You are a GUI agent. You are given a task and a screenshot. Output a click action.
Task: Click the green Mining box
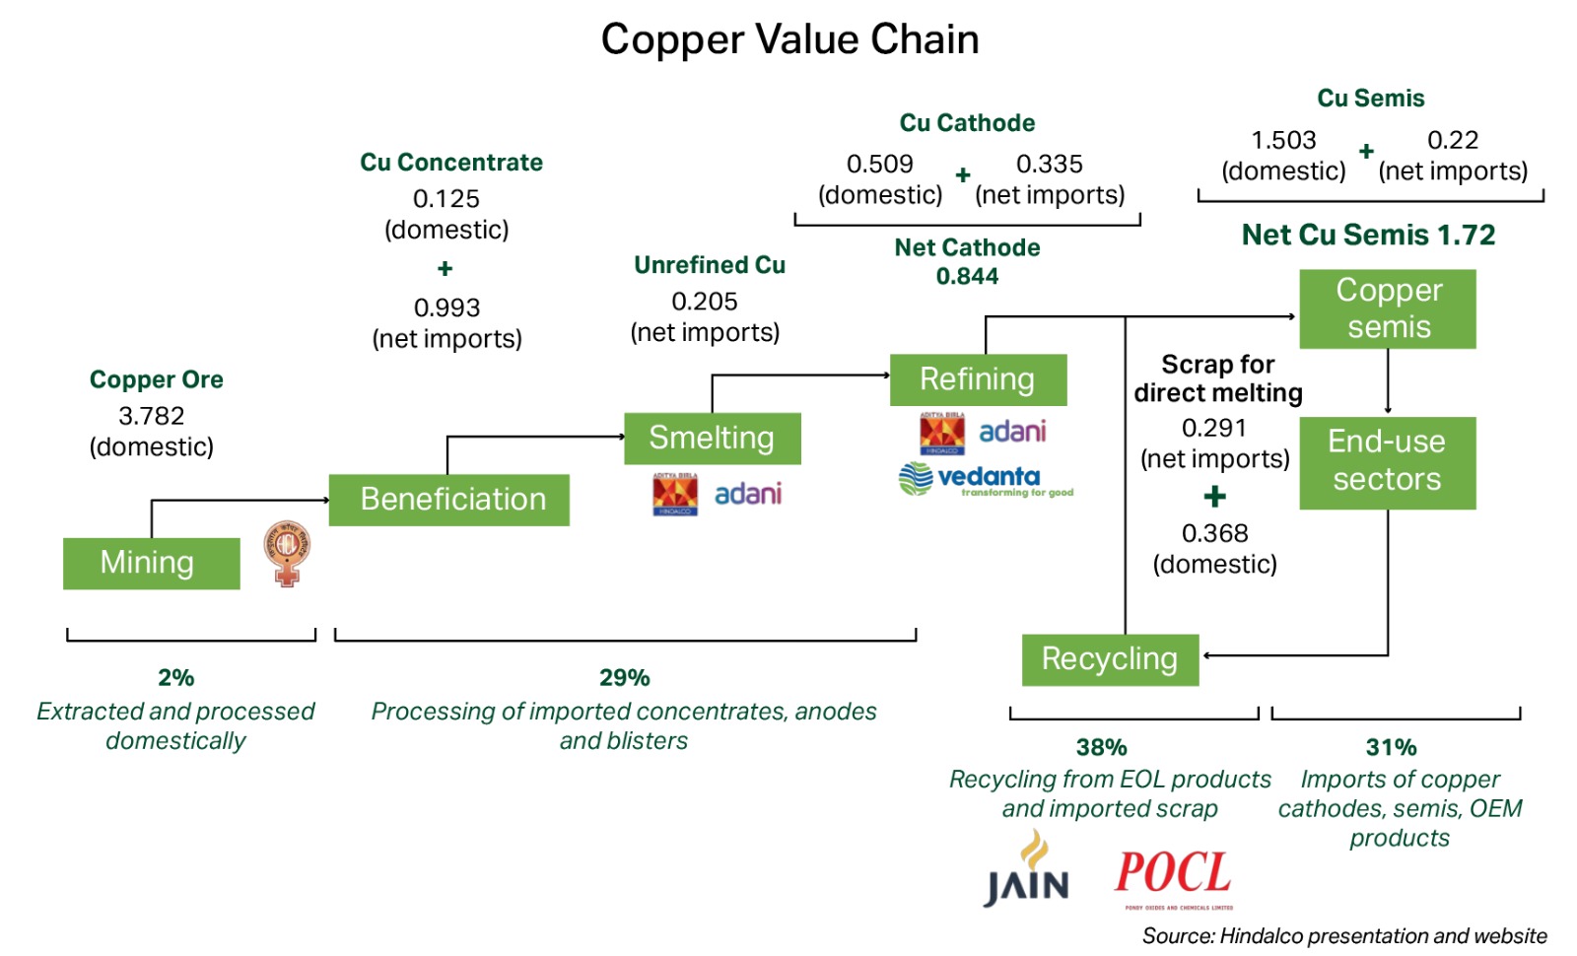(x=151, y=563)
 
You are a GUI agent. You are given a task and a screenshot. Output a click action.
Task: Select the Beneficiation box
(x=448, y=500)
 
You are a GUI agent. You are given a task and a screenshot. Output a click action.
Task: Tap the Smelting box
(x=712, y=438)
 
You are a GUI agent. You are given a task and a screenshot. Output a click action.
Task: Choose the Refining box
(x=978, y=379)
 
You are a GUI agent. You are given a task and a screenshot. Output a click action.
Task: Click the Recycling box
(x=1110, y=659)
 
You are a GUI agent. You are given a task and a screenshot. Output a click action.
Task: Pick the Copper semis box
(x=1388, y=308)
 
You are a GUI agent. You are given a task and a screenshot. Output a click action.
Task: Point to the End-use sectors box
(x=1387, y=461)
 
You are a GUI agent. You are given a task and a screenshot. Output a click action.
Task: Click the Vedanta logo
(x=986, y=480)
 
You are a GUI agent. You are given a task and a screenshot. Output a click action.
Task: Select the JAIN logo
(x=1027, y=870)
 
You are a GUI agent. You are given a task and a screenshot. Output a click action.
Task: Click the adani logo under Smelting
(x=748, y=494)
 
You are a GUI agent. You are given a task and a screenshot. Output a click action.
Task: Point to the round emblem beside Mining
(x=287, y=553)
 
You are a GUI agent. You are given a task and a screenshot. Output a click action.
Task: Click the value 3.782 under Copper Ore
(x=151, y=416)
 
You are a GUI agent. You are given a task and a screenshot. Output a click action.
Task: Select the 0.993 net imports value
(x=446, y=307)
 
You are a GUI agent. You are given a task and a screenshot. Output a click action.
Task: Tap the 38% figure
(x=1101, y=747)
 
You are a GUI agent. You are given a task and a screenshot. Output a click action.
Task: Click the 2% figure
(x=175, y=677)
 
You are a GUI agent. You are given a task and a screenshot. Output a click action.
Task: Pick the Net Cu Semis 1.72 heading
(x=1368, y=235)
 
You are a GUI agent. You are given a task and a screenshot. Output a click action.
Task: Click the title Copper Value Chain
(x=789, y=39)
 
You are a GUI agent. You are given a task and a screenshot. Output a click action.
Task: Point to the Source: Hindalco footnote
(x=1344, y=935)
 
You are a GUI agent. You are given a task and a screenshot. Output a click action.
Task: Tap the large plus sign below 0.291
(x=1214, y=496)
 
